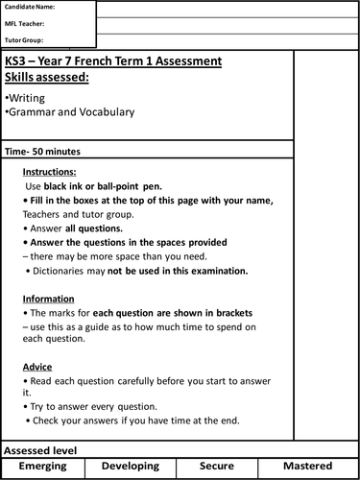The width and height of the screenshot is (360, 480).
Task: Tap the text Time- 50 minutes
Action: (42, 152)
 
